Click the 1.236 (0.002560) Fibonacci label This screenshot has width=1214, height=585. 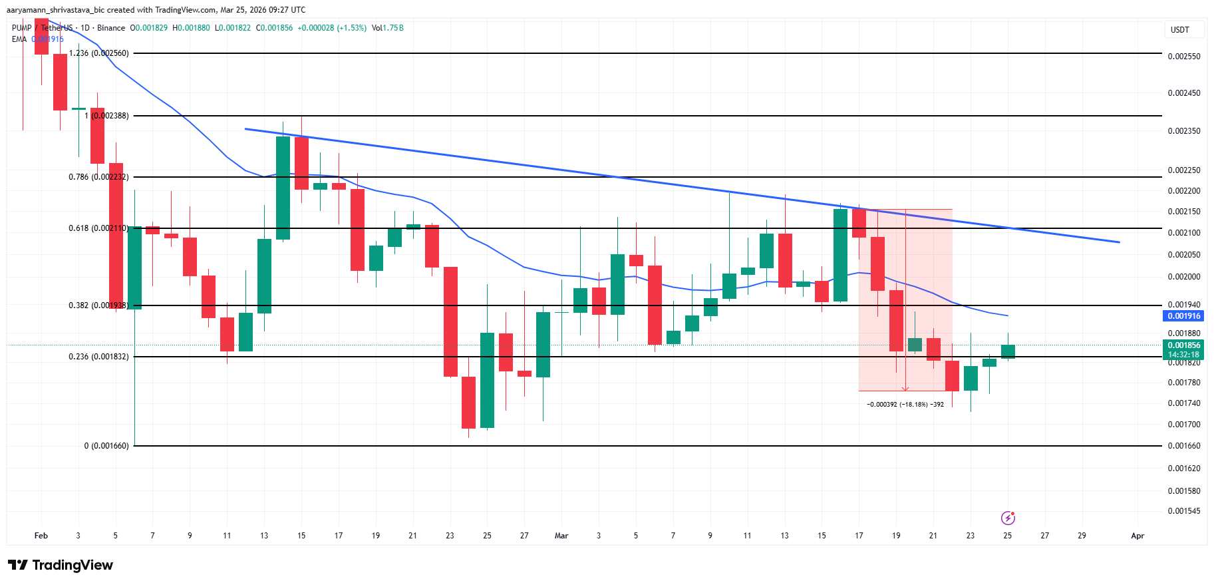(x=99, y=53)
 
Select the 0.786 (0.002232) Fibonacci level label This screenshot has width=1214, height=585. (x=98, y=177)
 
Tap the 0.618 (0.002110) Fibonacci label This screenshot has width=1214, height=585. (x=98, y=228)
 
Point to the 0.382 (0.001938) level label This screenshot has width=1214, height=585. (x=98, y=305)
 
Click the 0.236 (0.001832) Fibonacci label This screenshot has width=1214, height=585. (x=98, y=357)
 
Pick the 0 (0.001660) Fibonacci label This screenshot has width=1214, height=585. (x=106, y=446)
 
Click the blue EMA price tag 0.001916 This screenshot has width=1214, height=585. (x=1184, y=316)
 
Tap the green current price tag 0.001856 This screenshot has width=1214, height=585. (x=1184, y=345)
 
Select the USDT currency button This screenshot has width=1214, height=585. (x=1179, y=30)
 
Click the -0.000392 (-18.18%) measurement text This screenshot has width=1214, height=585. (x=905, y=405)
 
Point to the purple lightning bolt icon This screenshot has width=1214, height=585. (x=1008, y=518)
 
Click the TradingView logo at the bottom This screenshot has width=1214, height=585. (x=61, y=565)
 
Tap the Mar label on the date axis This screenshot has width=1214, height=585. (x=561, y=536)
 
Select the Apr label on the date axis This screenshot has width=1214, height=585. (x=1138, y=536)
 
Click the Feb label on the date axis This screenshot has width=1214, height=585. (x=41, y=536)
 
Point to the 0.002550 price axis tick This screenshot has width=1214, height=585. (x=1184, y=57)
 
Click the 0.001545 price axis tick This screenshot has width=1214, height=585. (x=1184, y=511)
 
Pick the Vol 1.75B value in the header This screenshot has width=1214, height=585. (x=388, y=28)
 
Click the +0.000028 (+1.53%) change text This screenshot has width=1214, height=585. (x=332, y=28)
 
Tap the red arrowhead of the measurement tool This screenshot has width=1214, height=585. (x=905, y=389)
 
